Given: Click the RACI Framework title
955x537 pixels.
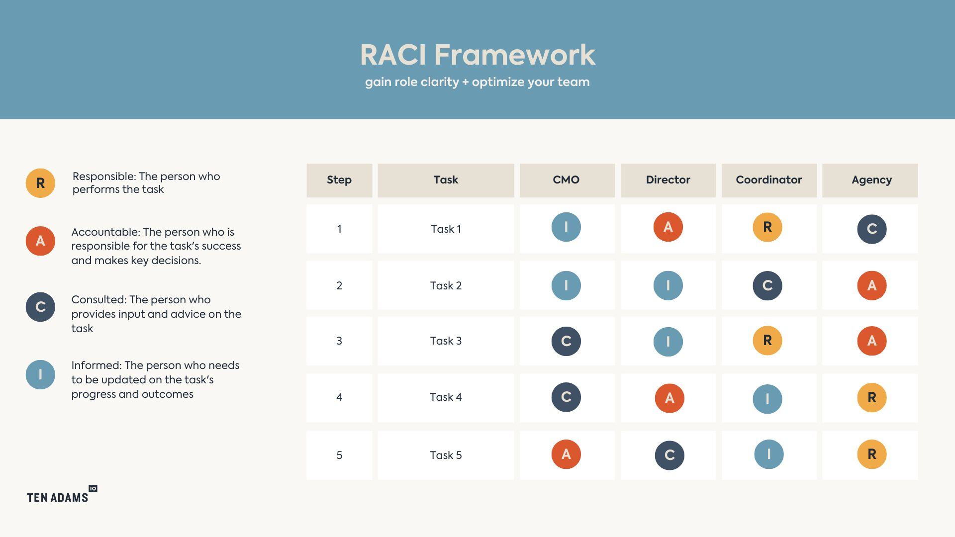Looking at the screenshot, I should (x=477, y=55).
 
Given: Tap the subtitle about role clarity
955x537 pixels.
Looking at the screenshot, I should (x=477, y=82).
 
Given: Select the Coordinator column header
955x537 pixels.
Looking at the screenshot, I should (x=768, y=180).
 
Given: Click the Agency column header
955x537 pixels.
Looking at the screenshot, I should (x=871, y=180).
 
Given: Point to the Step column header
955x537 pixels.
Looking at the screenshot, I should (x=339, y=180).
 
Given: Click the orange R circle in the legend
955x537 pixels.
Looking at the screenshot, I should (x=40, y=183).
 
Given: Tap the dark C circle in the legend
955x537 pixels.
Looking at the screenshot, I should (x=40, y=307).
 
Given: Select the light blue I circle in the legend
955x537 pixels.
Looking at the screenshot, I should (x=40, y=374).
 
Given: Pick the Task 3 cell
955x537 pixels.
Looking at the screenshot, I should (x=446, y=341).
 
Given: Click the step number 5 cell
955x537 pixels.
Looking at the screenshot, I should (x=339, y=455).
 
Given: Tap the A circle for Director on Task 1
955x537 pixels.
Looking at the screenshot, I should (x=668, y=227).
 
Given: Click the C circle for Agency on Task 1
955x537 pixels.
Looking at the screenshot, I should (x=871, y=229).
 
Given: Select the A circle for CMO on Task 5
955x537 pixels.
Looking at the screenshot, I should (x=566, y=454).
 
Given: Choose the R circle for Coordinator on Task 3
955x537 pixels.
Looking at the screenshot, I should (x=767, y=341).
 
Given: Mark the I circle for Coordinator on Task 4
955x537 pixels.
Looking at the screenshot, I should (x=767, y=399).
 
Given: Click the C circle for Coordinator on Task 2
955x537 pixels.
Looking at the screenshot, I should (x=767, y=285).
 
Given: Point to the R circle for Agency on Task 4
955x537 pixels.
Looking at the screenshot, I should (x=871, y=397).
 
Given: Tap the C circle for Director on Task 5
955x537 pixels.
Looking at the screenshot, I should (x=669, y=455).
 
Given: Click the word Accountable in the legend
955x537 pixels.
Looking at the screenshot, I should (x=105, y=232).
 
